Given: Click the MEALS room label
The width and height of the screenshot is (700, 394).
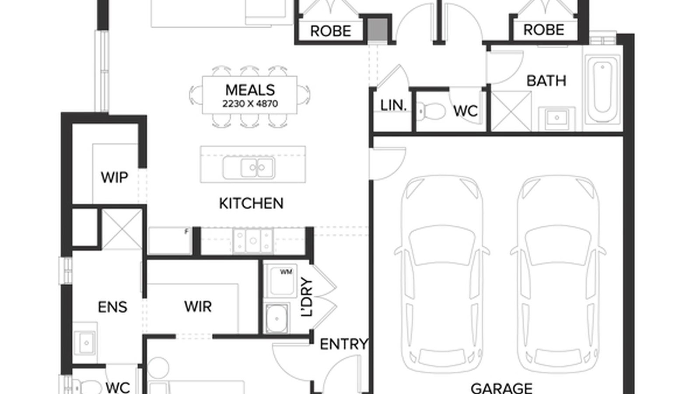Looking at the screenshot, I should click(x=250, y=90).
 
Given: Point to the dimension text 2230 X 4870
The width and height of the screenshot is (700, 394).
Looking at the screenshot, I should click(x=250, y=104).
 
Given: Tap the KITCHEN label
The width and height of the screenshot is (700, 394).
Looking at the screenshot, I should click(x=251, y=203).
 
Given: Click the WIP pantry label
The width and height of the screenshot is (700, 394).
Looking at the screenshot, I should click(x=114, y=178).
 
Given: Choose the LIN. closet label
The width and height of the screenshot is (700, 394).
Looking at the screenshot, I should click(x=393, y=106).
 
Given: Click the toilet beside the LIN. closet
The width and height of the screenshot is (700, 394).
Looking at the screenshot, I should click(x=430, y=111).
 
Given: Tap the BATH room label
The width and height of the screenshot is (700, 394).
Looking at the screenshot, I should click(x=546, y=81).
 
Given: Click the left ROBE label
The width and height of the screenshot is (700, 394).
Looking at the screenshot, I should click(x=331, y=31).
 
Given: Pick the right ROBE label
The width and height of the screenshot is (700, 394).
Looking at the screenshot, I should click(x=544, y=30).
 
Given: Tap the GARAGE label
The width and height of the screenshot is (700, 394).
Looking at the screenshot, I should click(x=501, y=388).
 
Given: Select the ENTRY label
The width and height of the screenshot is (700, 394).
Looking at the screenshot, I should click(x=344, y=345).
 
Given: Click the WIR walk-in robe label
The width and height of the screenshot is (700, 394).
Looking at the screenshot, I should click(x=198, y=306).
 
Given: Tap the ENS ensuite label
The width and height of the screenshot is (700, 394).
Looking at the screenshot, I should click(x=112, y=307).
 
